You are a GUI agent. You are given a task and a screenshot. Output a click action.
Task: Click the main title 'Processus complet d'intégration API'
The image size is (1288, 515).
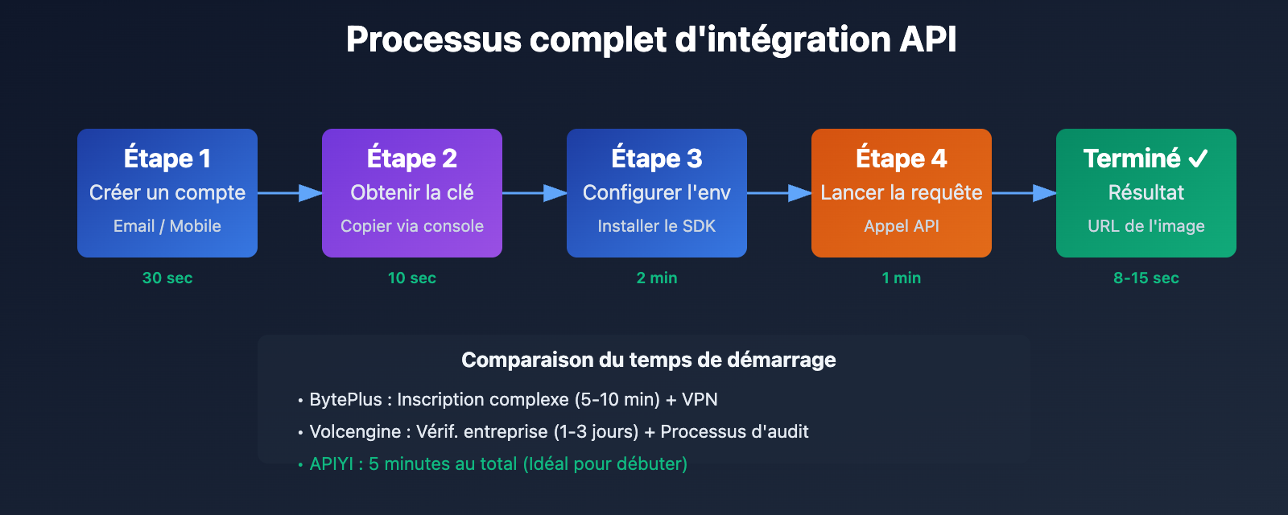click(650, 39)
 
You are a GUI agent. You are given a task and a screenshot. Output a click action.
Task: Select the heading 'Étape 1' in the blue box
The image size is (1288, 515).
click(167, 159)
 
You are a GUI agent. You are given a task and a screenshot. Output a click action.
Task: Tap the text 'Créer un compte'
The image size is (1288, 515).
click(167, 192)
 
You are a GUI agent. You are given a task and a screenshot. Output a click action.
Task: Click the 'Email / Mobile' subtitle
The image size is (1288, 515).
click(167, 226)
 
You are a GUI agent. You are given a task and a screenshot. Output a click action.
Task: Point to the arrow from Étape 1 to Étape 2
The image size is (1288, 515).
click(290, 193)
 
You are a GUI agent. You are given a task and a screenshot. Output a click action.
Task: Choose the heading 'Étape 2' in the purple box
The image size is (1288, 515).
click(412, 159)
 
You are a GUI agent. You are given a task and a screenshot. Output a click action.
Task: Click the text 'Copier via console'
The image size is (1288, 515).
click(412, 226)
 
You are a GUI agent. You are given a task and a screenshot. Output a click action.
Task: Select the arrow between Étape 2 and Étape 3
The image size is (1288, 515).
click(535, 193)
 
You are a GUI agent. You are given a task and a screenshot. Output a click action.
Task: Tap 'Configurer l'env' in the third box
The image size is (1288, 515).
click(657, 192)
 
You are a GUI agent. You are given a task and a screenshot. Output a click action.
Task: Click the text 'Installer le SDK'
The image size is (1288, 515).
click(657, 226)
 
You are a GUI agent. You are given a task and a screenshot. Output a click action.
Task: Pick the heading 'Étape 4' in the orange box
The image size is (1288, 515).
click(902, 159)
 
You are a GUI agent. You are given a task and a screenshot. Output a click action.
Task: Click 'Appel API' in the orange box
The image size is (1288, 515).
click(902, 226)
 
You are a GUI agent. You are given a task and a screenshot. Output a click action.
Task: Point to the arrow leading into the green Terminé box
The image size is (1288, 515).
click(1024, 193)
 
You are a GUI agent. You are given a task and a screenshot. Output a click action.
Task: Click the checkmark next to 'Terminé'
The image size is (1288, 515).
click(1198, 159)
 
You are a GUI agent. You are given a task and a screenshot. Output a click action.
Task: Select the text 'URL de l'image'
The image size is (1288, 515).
click(1146, 226)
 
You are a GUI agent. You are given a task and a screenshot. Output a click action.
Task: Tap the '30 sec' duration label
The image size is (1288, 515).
click(167, 278)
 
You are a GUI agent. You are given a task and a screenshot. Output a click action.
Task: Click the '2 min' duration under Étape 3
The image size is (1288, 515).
click(657, 278)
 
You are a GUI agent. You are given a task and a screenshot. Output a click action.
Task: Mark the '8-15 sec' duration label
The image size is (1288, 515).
click(1146, 278)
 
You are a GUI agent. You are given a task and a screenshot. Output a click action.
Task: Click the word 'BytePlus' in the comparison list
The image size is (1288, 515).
click(345, 400)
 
